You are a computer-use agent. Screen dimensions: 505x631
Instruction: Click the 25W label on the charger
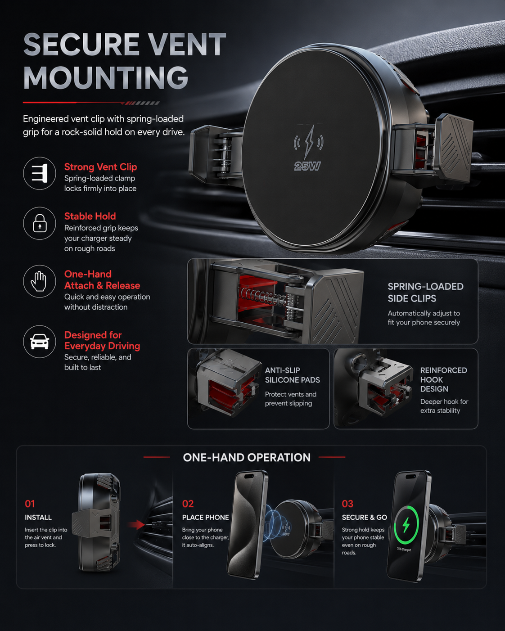click(x=307, y=166)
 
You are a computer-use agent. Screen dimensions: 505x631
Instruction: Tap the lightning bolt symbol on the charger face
click(x=309, y=141)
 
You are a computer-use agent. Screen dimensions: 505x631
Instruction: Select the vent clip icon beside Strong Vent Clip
click(x=40, y=173)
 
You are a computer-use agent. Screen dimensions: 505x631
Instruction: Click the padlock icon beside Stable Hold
click(x=40, y=223)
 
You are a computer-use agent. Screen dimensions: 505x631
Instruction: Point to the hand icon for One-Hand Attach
click(x=39, y=281)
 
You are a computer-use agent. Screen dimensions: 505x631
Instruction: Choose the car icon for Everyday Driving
click(x=40, y=342)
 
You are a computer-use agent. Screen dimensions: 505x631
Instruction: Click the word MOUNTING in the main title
click(x=106, y=77)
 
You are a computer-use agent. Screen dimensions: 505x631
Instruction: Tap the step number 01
click(x=30, y=504)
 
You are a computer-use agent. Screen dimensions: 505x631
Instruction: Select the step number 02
click(x=188, y=504)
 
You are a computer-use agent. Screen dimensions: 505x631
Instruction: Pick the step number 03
click(x=347, y=504)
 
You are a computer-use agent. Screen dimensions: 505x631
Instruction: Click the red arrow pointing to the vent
click(x=136, y=525)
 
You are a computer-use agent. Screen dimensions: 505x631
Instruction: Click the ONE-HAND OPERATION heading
click(x=247, y=457)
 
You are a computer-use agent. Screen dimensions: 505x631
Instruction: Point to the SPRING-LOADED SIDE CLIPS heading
click(x=425, y=293)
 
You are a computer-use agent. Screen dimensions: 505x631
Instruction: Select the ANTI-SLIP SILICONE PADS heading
click(x=293, y=375)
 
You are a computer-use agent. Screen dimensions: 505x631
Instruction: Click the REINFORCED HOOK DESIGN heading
click(x=443, y=379)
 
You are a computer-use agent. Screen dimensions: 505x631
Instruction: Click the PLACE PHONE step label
click(x=205, y=518)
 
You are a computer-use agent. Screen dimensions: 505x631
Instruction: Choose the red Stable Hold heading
click(x=90, y=216)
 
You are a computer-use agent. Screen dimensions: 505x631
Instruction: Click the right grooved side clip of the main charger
click(x=454, y=148)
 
